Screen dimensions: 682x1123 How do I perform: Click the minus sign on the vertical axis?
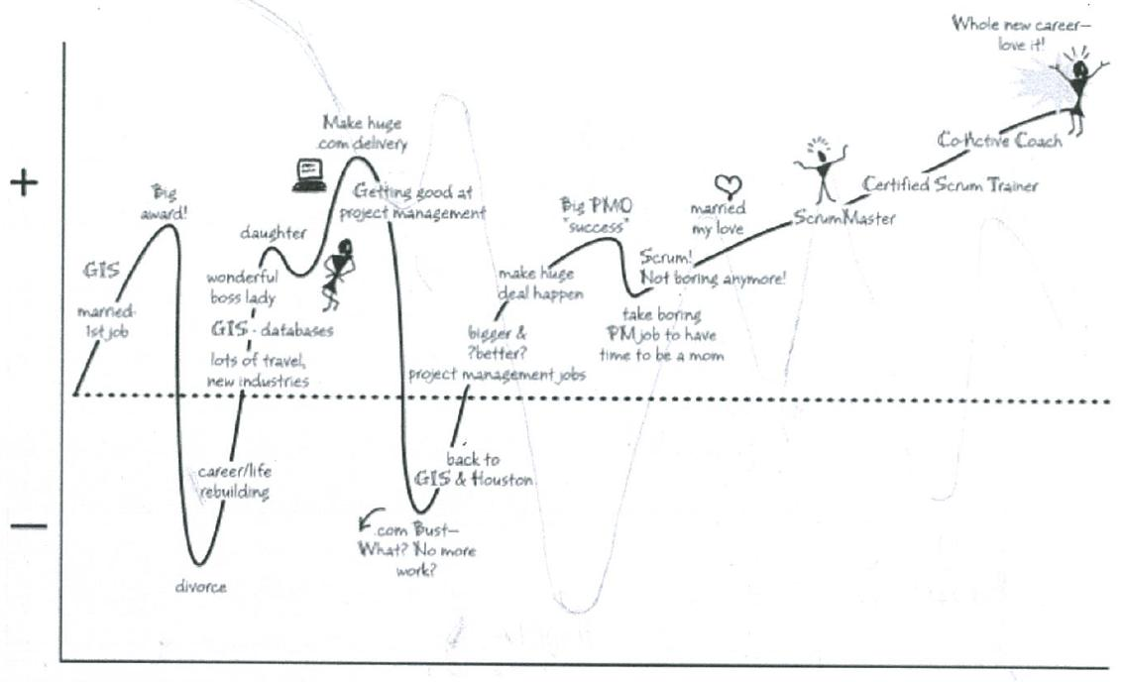(28, 524)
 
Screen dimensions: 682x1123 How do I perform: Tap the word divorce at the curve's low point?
(201, 586)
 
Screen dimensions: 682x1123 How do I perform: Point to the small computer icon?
(308, 172)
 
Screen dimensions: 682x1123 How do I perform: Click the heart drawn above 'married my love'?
(729, 185)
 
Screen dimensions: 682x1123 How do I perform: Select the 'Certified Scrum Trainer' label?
(950, 184)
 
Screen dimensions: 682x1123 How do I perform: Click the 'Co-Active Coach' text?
(999, 140)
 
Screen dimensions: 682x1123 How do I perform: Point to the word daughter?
(273, 233)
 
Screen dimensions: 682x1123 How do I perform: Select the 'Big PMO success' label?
(597, 214)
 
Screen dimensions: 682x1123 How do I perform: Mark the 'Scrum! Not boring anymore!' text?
(713, 268)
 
